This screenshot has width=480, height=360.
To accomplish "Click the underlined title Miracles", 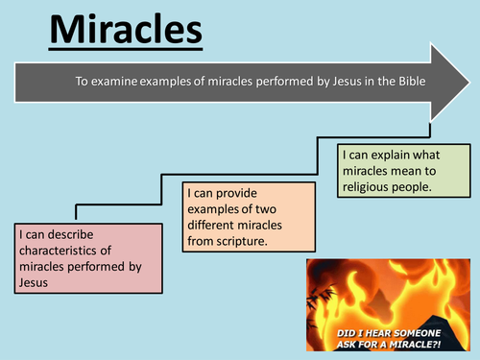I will click(x=125, y=30).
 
